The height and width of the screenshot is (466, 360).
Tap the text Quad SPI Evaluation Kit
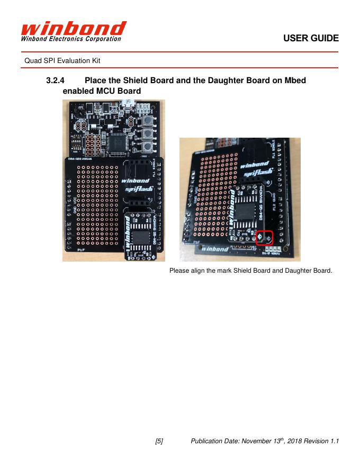click(62, 61)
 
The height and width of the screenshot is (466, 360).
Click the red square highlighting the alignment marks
click(264, 238)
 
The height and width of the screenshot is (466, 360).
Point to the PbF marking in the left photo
click(82, 249)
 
